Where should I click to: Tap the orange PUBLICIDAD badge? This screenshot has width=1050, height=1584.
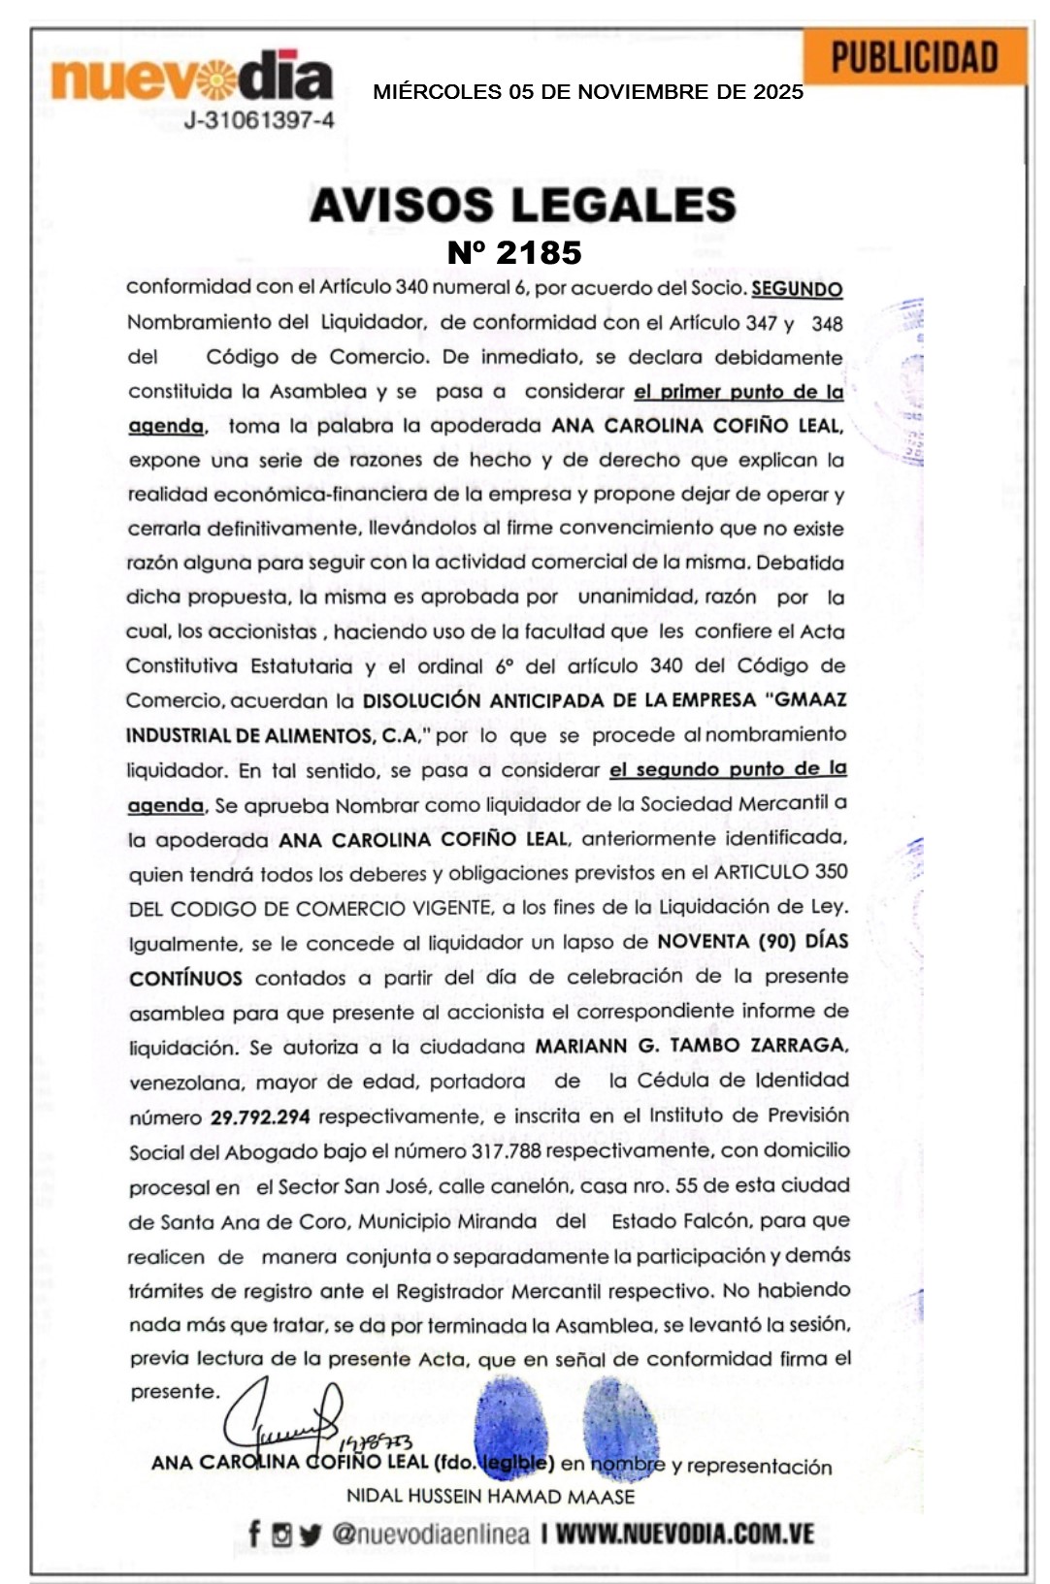[x=914, y=57]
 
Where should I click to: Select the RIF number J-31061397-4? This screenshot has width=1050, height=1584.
[x=259, y=120]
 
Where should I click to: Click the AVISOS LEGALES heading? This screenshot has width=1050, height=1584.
[x=523, y=205]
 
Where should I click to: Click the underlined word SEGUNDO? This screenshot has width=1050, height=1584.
[x=797, y=288]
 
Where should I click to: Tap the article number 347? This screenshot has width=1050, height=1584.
[x=763, y=323]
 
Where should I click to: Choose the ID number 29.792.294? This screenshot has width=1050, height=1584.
[x=260, y=1116]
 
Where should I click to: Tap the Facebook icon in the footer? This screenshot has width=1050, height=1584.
[x=254, y=1534]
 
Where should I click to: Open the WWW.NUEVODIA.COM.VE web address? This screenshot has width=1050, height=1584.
[x=684, y=1534]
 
